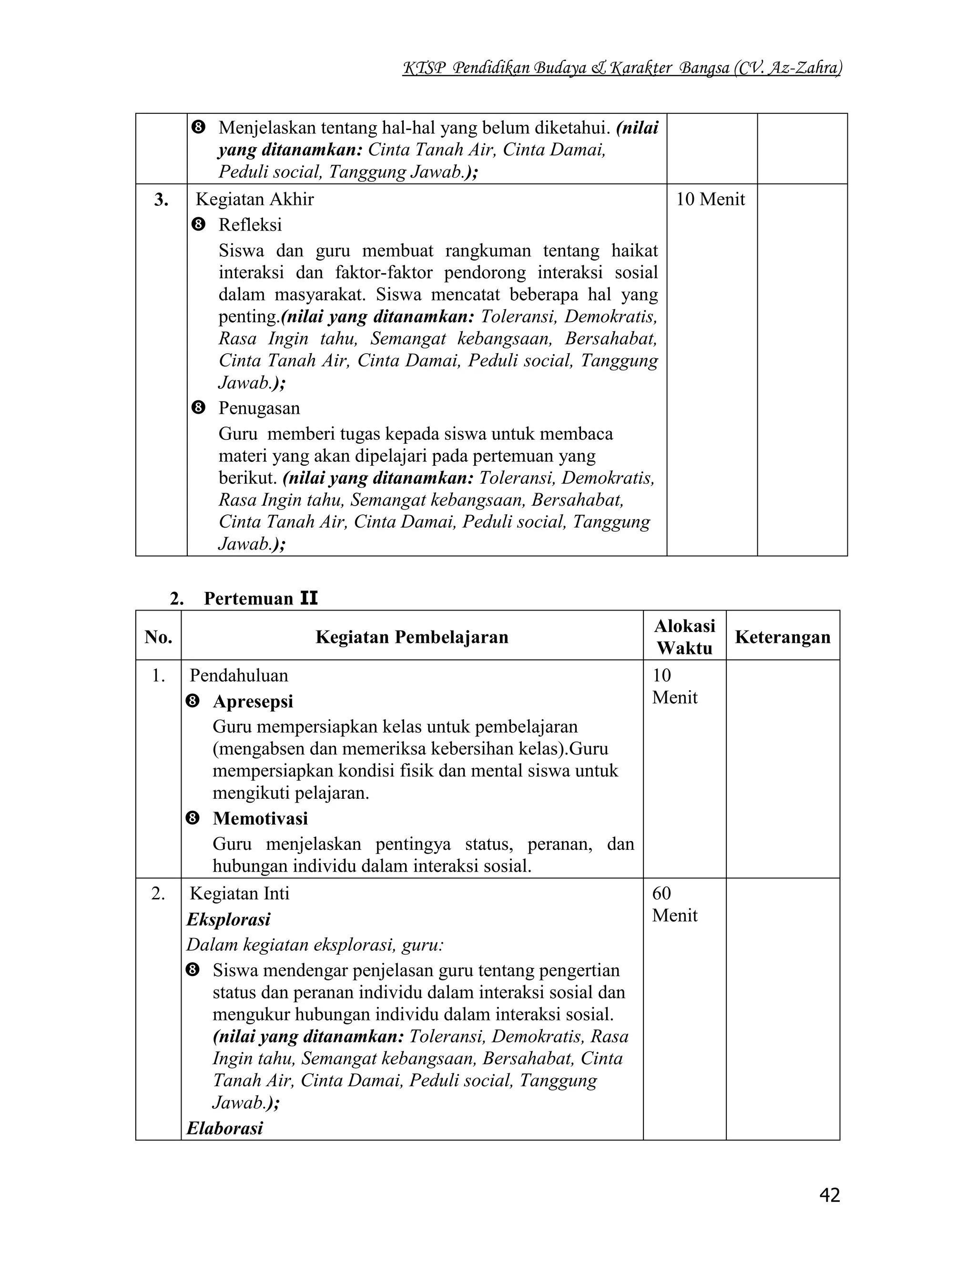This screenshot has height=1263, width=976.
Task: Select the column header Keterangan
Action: click(783, 637)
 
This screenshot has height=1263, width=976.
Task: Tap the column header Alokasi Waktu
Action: click(685, 637)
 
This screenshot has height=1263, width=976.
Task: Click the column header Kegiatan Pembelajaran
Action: click(412, 637)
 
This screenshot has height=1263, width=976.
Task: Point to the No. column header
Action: click(158, 637)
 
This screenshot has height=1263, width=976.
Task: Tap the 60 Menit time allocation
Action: click(674, 904)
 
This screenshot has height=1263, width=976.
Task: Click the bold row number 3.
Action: click(162, 200)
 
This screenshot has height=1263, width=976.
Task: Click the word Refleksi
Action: click(250, 224)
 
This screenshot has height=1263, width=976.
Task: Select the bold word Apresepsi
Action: click(253, 701)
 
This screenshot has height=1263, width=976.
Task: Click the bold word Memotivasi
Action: click(260, 818)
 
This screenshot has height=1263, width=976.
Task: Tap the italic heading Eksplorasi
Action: click(228, 919)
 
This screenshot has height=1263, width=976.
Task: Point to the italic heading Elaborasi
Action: click(225, 1128)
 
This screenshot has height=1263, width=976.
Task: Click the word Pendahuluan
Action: click(238, 675)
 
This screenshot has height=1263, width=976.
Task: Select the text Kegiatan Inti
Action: click(239, 894)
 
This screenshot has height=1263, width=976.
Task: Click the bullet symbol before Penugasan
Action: click(198, 407)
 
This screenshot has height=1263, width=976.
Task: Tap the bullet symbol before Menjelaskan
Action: click(198, 127)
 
